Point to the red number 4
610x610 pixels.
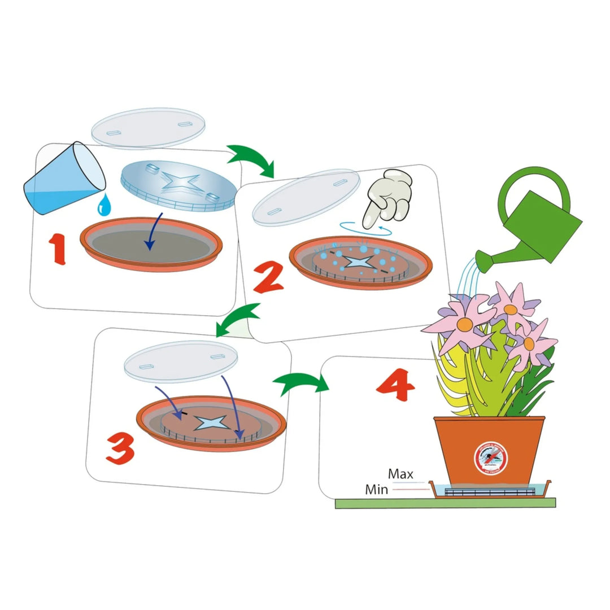coord(396,386)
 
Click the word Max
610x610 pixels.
coord(400,474)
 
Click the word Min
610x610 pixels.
coord(376,489)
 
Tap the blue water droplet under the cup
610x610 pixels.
coord(103,206)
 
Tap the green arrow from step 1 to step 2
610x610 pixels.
coord(252,159)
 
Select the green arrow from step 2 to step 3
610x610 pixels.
coord(237,320)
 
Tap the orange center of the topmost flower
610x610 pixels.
coord(511,309)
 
